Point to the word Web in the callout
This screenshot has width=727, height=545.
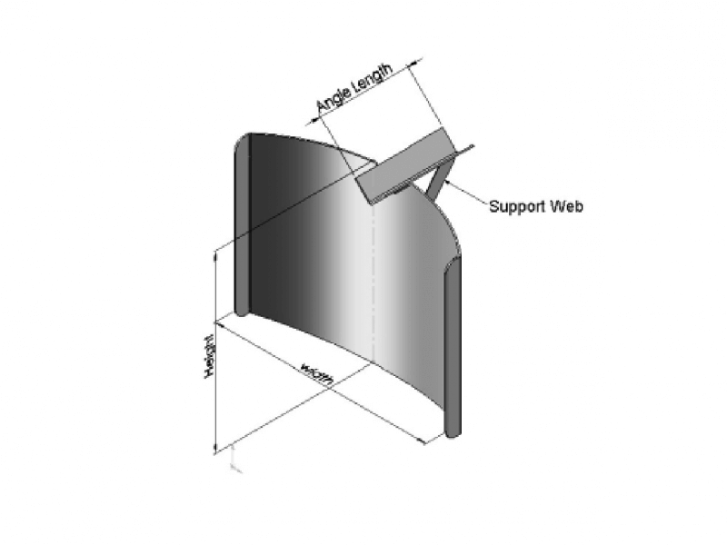pos(567,206)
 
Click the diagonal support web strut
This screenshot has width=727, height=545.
pos(436,177)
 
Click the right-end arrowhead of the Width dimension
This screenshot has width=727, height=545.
pos(423,441)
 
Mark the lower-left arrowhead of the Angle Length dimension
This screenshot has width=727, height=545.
pos(311,117)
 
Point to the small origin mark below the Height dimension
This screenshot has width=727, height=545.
pos(235,465)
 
